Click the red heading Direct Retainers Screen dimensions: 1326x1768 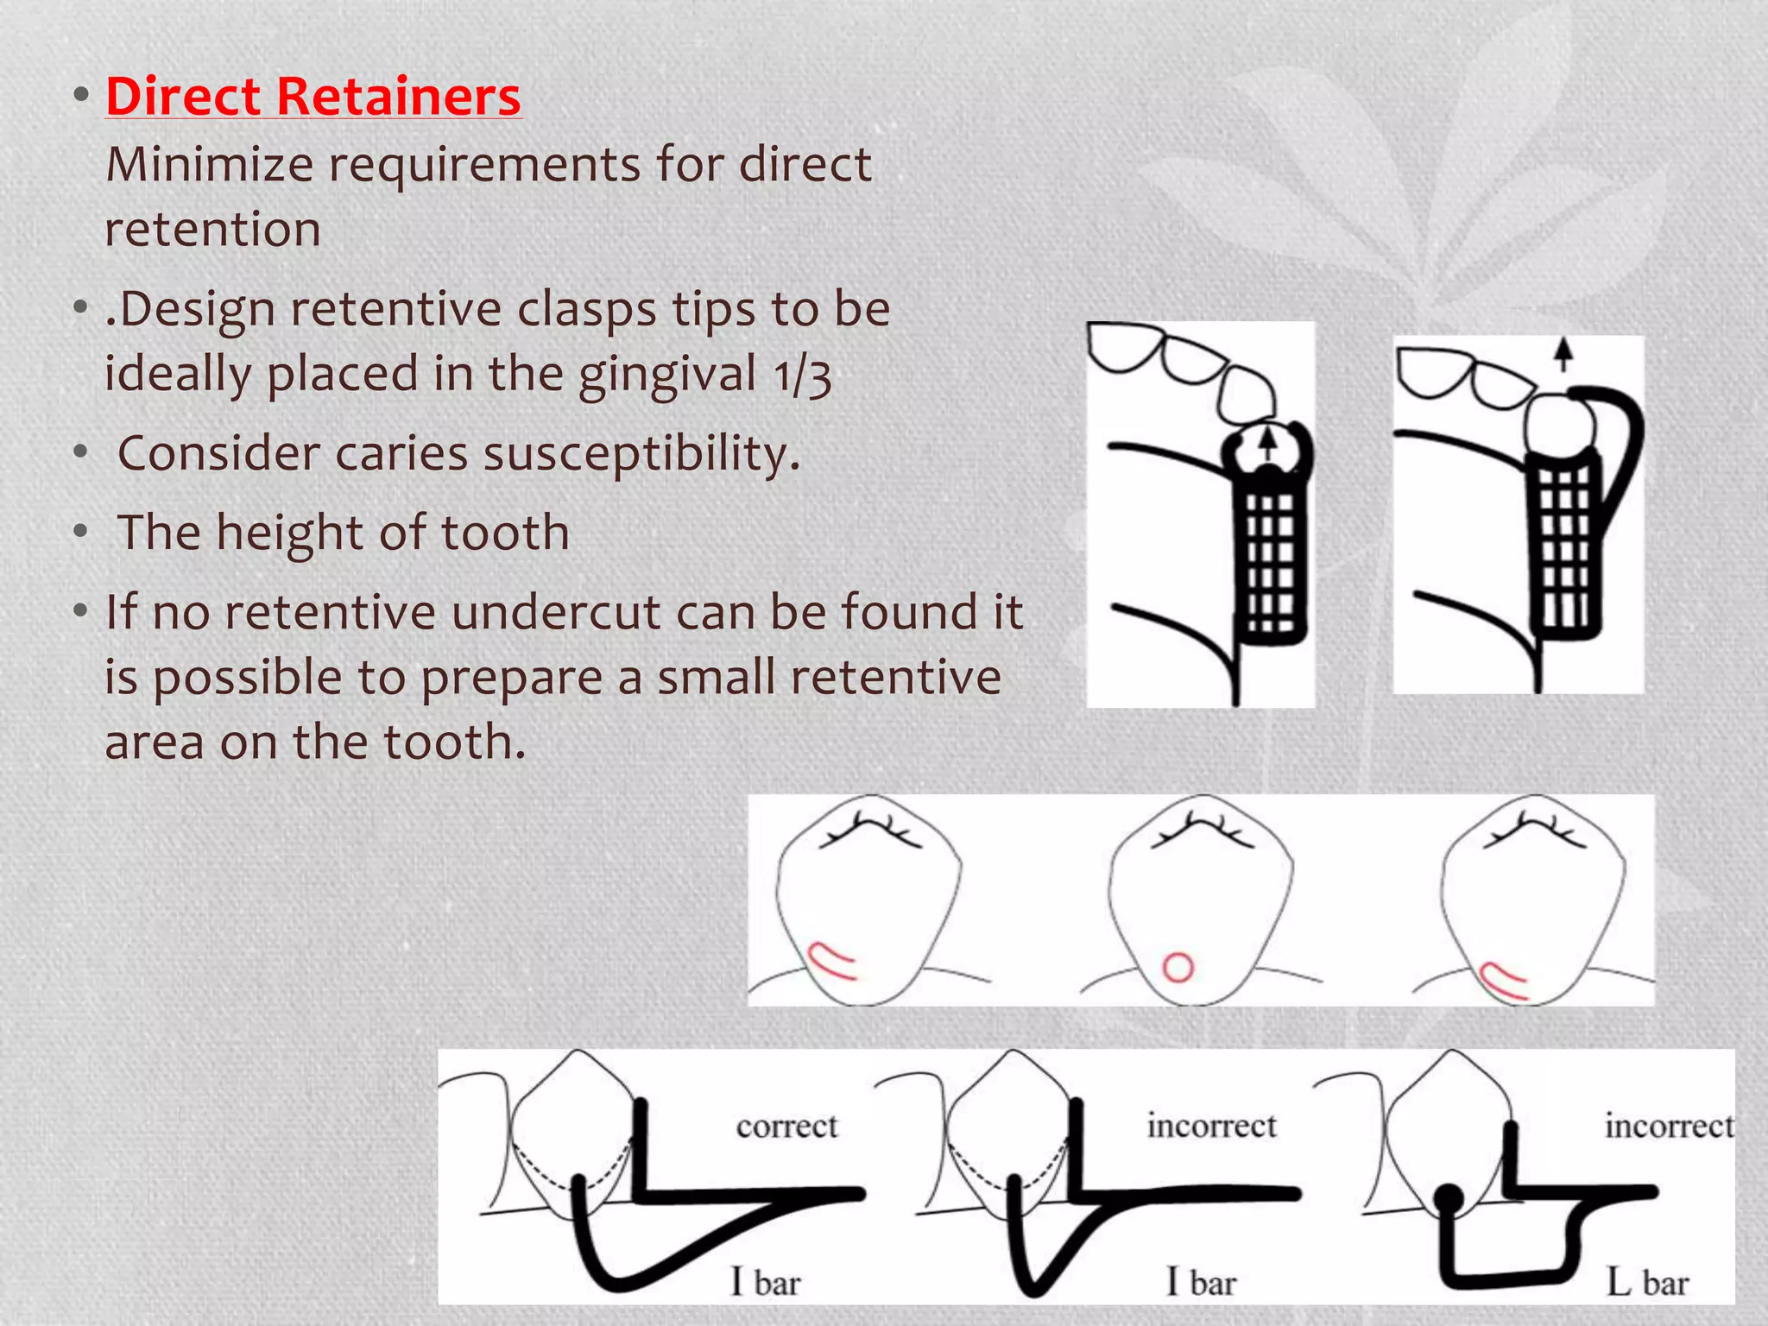(x=313, y=95)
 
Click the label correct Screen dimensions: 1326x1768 (x=786, y=1126)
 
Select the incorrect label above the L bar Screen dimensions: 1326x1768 (x=1668, y=1126)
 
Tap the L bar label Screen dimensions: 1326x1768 (x=1647, y=1283)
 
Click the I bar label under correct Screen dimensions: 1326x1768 (x=766, y=1282)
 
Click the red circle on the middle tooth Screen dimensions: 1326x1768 (x=1178, y=967)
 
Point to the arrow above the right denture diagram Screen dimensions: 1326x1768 (x=1563, y=353)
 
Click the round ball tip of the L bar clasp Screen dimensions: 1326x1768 (x=1449, y=1198)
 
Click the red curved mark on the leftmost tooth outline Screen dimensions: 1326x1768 (x=830, y=962)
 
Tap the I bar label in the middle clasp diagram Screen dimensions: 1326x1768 (x=1202, y=1282)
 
